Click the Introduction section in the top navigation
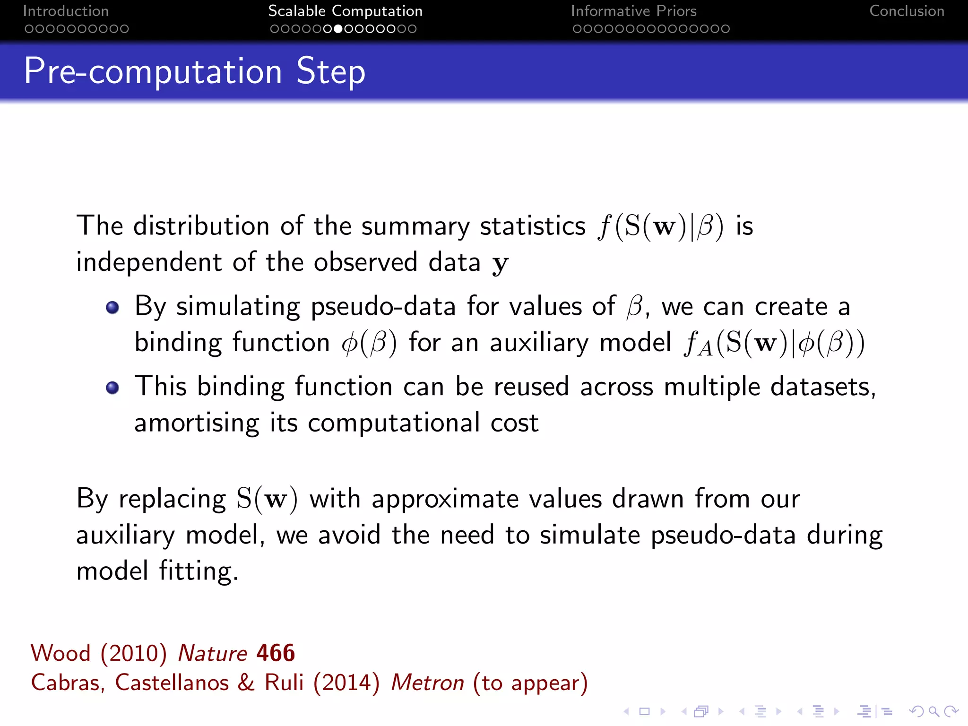tap(66, 11)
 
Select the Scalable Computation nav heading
tap(345, 11)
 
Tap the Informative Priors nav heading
tap(633, 11)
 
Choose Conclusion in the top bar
tap(907, 11)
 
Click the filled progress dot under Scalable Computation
tap(338, 29)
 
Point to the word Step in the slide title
tap(330, 72)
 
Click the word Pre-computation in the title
tap(153, 72)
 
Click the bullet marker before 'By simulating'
tap(112, 308)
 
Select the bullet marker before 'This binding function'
tap(112, 388)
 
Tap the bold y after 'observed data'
tap(500, 263)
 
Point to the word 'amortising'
tap(197, 423)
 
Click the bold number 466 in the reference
tap(276, 653)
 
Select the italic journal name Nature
tap(212, 653)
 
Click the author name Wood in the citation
tap(60, 653)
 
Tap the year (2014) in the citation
tap(346, 683)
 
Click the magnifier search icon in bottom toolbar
tap(933, 711)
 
